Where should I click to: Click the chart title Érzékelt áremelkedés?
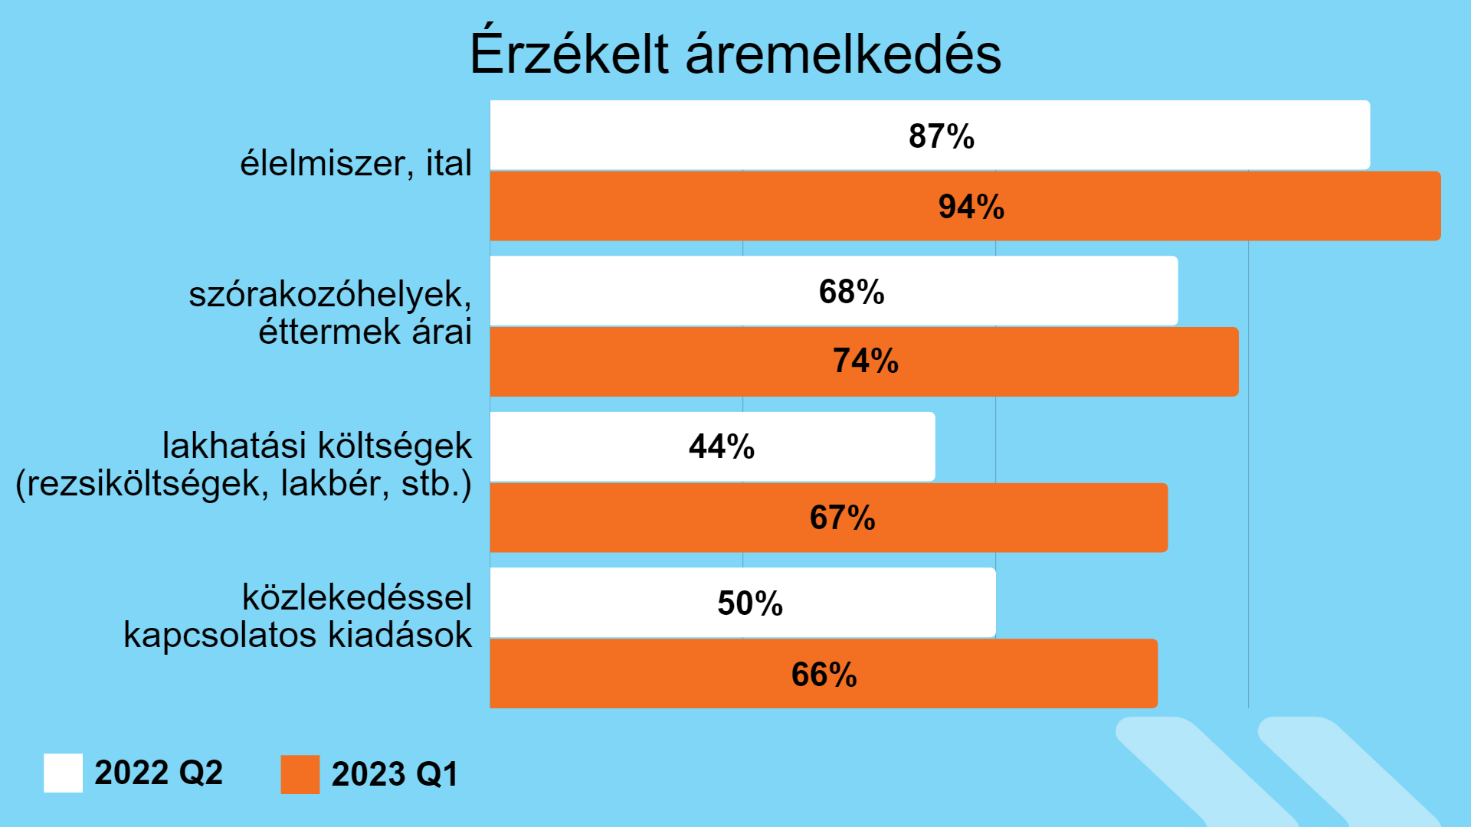tap(735, 54)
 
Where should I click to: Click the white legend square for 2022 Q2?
tap(63, 773)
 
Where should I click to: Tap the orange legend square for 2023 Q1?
tap(300, 774)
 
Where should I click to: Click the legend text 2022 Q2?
tap(159, 773)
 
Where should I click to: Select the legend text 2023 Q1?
tap(395, 774)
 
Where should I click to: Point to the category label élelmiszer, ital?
tap(355, 163)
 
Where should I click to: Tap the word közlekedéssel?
tap(357, 597)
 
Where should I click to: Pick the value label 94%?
tap(971, 207)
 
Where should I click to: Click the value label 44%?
tap(721, 446)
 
